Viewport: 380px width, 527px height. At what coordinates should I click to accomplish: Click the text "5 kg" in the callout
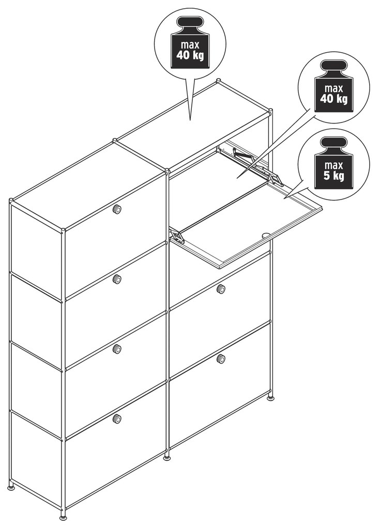333,176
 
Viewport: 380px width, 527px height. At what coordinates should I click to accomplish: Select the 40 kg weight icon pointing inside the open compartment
333,86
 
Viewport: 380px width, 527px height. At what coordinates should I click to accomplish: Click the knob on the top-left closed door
117,209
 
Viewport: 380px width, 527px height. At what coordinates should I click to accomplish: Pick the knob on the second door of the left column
117,278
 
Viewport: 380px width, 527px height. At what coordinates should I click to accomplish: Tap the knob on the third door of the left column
117,349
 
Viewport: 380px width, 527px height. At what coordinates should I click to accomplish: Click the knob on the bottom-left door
117,419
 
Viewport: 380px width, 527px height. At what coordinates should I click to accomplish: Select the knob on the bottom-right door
221,359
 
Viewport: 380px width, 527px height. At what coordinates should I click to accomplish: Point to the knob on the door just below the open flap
221,289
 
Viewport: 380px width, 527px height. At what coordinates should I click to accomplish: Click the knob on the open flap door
266,236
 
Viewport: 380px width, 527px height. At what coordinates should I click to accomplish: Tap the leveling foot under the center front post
167,457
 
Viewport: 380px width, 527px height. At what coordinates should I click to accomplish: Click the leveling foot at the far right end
270,398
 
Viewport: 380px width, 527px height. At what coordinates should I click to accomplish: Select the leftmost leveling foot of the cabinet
11,487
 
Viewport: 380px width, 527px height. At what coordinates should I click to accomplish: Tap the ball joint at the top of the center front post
167,171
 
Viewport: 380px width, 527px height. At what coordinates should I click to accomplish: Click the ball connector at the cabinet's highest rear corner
219,81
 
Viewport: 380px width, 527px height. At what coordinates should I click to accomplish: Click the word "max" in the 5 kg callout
333,165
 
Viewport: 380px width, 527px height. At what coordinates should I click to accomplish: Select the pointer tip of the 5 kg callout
283,199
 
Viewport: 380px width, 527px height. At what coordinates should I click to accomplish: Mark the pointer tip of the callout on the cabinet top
190,120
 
